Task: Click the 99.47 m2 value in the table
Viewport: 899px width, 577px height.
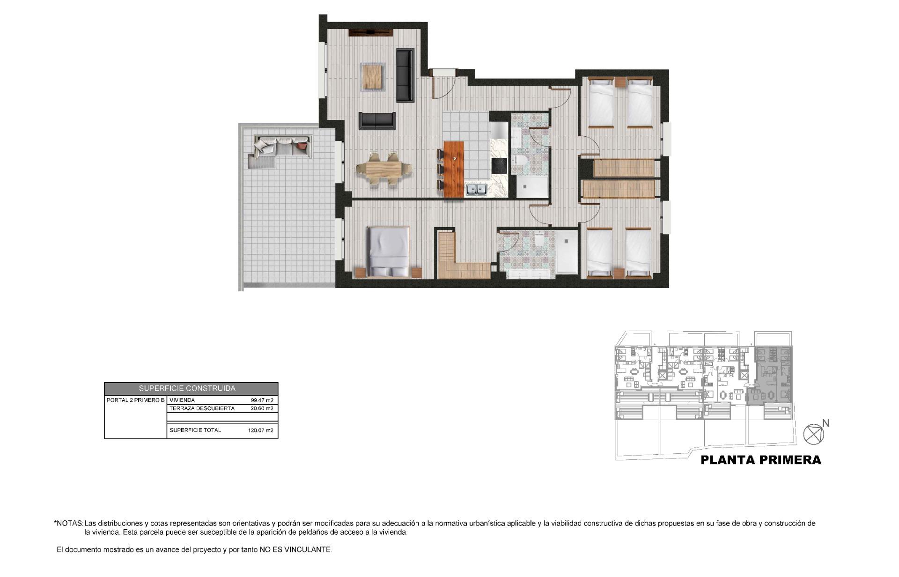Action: (x=262, y=400)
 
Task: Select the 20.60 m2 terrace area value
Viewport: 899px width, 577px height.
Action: (x=262, y=408)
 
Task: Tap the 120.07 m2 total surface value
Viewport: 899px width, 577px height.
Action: (x=260, y=430)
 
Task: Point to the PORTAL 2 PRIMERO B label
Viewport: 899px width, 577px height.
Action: (x=135, y=400)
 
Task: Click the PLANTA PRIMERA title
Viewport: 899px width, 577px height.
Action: (x=761, y=460)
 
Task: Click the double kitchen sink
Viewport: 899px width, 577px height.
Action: (x=477, y=190)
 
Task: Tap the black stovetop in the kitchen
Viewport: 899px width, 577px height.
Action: (x=499, y=165)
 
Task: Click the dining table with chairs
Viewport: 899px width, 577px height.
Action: (x=384, y=169)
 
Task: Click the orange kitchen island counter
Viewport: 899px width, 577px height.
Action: (x=453, y=169)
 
